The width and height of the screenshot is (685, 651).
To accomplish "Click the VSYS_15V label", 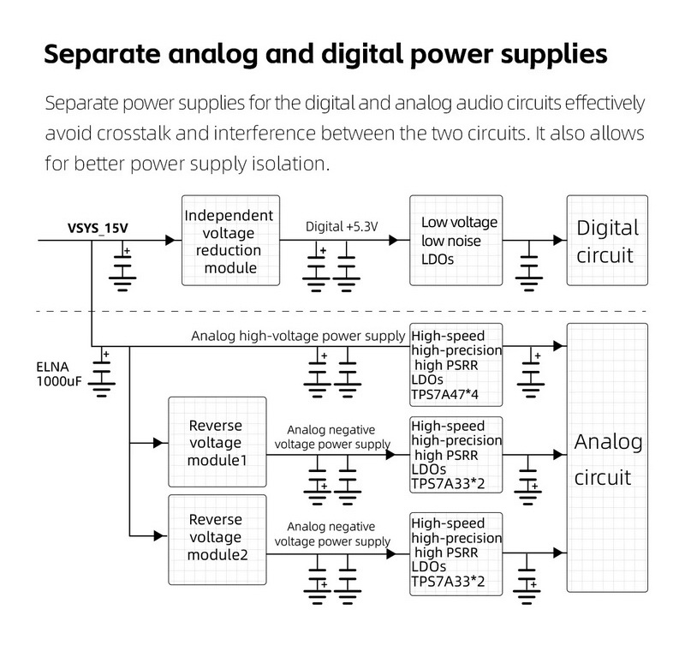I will tap(98, 229).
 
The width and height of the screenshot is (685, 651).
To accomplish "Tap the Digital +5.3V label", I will tap(342, 226).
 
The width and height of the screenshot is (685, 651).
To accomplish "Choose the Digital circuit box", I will tap(607, 241).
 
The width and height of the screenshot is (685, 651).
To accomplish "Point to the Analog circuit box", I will tap(607, 458).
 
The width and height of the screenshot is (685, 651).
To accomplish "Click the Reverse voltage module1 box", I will tap(216, 443).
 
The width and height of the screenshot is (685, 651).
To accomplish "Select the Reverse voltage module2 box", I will tap(216, 536).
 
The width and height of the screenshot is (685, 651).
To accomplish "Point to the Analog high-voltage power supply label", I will tap(298, 335).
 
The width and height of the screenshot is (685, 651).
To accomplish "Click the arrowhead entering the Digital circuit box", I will tap(559, 241).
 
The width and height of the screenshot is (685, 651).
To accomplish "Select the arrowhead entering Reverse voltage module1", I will tap(160, 443).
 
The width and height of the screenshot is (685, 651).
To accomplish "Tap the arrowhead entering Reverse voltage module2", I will tap(160, 536).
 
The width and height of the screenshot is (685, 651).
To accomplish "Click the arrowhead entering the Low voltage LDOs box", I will tap(403, 241).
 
